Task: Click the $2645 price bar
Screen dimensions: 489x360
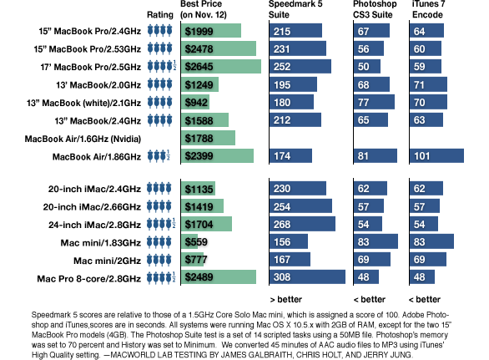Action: coord(221,67)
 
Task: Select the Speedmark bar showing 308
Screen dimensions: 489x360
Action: coord(307,277)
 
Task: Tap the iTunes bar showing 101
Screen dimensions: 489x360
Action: coord(436,156)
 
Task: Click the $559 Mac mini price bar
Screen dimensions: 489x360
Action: coord(189,241)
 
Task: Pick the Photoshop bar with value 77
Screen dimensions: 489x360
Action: coord(374,102)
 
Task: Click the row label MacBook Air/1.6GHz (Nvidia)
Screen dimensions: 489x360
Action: coord(83,139)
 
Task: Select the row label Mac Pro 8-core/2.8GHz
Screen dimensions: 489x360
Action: coord(89,278)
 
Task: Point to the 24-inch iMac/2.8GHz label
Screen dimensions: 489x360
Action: coord(94,225)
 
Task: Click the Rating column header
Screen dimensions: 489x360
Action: coord(160,15)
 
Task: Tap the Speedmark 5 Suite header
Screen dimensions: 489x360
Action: coord(295,9)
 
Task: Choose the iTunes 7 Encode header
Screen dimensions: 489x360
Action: coord(428,9)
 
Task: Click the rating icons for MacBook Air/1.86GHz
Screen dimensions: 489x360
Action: coord(159,156)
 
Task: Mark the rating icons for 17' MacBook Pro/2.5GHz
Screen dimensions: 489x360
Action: coord(162,66)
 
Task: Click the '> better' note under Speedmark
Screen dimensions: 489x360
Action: coord(285,299)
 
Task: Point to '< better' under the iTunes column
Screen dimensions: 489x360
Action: coord(425,299)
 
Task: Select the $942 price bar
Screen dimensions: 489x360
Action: coord(195,102)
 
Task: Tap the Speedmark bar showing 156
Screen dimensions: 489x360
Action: coord(289,241)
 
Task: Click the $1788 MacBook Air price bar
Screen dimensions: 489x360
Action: coord(208,138)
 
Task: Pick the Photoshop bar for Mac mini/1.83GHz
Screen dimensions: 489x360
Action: coord(376,241)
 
